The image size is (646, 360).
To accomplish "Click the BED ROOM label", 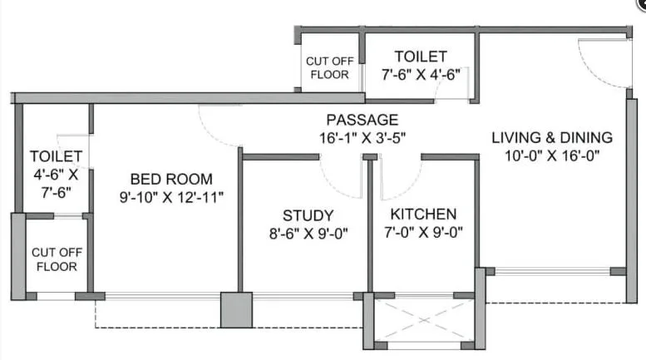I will (171, 179).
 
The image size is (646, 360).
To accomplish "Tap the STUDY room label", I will (308, 215).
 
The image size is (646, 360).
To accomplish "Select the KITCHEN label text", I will (423, 215).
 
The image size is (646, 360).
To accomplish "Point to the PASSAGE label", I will (362, 120).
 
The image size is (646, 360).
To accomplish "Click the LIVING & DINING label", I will (551, 137).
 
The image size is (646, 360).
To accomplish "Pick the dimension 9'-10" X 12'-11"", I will (171, 197).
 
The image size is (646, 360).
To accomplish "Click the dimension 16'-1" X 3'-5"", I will (362, 137).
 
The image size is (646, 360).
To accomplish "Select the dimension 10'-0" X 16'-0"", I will (551, 155).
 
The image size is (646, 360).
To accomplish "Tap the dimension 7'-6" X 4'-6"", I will (421, 74).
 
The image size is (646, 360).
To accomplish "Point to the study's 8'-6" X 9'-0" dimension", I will (308, 233).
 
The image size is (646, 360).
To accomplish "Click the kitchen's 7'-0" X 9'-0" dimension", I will (423, 233).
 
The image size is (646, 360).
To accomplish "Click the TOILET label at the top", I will (421, 57).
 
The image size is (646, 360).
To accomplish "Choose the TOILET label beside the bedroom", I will (56, 156).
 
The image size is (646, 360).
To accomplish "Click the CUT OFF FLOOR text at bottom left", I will (55, 259).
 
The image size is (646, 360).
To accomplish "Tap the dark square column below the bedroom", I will (235, 310).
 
